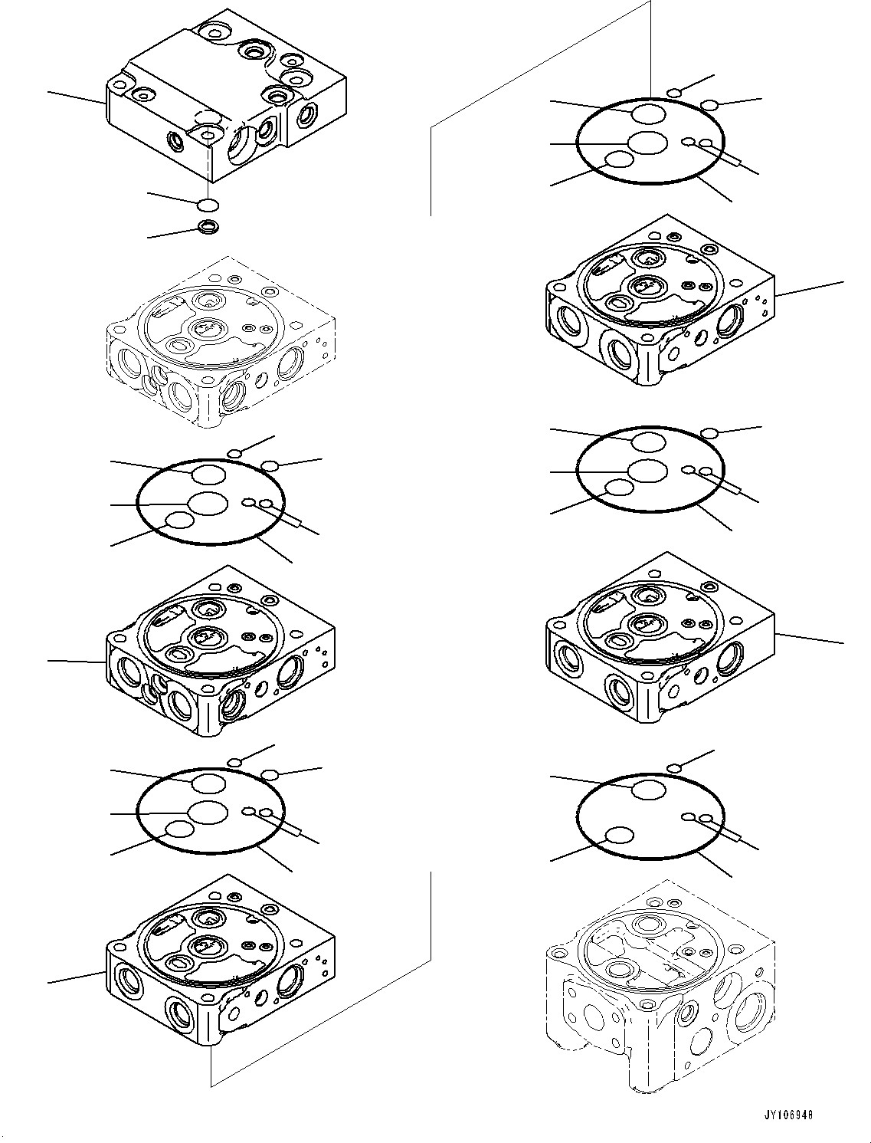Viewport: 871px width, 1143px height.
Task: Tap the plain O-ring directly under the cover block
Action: tap(207, 205)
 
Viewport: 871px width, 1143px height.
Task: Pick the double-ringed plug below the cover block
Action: tap(207, 226)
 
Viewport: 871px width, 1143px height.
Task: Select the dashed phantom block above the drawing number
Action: tap(659, 989)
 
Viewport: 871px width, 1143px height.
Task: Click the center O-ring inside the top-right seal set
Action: tap(647, 143)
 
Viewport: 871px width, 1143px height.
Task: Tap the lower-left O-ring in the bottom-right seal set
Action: tap(619, 836)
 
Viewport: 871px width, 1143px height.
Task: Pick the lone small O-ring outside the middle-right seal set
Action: tap(710, 434)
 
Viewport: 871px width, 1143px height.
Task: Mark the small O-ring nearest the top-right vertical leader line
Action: tap(674, 94)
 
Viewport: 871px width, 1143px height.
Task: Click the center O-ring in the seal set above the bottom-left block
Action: tap(208, 812)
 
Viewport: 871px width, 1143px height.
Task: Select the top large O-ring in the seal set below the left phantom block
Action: tap(208, 475)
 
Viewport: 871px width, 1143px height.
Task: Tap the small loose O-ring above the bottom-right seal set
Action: tap(674, 768)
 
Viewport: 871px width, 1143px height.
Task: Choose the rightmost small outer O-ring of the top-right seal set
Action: tap(710, 105)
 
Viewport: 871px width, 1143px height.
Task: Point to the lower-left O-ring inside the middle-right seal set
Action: tap(619, 488)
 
